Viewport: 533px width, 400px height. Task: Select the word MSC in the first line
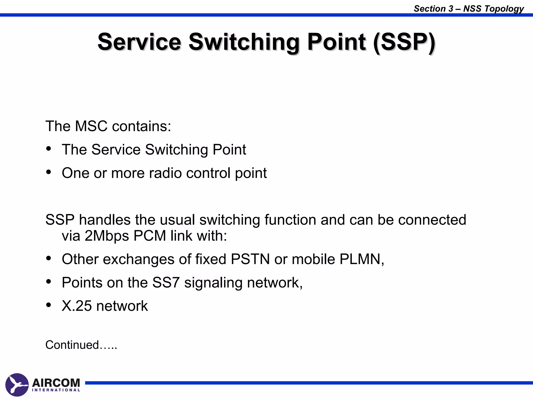[91, 126]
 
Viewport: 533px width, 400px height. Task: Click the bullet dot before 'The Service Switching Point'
[48, 149]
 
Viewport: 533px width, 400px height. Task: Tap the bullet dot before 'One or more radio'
[48, 172]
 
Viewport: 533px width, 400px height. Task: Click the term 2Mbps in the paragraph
[107, 236]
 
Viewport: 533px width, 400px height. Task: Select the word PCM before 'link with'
[150, 236]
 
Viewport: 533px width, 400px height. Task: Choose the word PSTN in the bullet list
[250, 259]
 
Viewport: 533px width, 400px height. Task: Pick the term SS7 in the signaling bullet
[166, 283]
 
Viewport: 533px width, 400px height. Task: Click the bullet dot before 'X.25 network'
[48, 305]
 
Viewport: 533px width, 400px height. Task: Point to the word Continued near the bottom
[72, 345]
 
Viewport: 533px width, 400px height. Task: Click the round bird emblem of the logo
[17, 385]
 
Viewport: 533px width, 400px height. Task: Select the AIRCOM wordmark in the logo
[56, 383]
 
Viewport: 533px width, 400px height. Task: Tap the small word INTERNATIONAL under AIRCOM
[56, 390]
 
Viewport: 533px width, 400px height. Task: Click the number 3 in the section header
[451, 9]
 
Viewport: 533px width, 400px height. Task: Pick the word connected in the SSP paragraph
[432, 220]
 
